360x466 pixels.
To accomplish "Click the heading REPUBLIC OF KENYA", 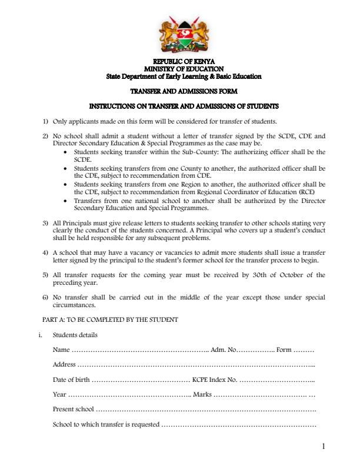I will click(184, 61).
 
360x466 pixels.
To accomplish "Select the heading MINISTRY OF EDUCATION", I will click(184, 69).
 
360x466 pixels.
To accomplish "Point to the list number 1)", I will click(45, 122).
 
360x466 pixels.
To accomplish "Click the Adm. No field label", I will click(224, 350).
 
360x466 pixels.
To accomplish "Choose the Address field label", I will click(64, 364).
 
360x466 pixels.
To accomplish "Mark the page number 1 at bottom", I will click(324, 447).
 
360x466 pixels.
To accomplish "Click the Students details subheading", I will click(75, 335).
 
